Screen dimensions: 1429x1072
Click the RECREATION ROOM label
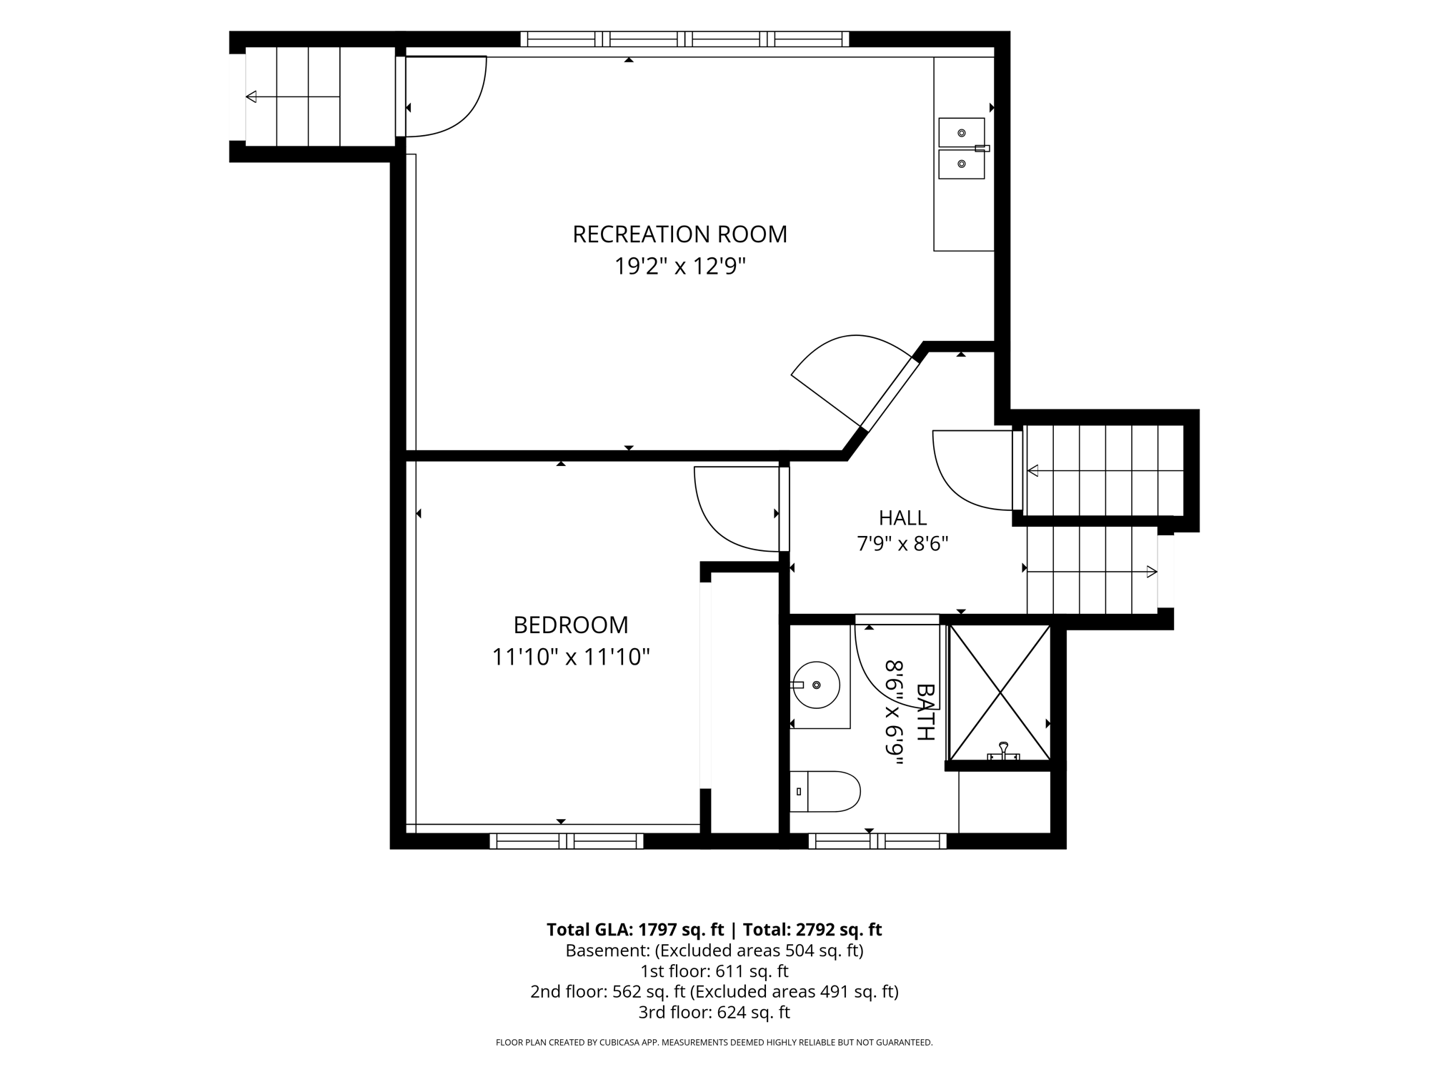(x=679, y=234)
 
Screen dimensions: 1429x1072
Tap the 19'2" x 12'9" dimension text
(x=680, y=267)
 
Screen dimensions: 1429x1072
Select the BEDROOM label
(x=571, y=625)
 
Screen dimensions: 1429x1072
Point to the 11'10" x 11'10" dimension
(x=571, y=657)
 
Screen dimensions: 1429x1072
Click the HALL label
(x=902, y=517)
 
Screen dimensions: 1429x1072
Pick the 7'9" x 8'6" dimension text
(x=902, y=545)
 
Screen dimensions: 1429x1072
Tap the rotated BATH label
(x=925, y=712)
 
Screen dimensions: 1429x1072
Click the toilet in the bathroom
(x=825, y=791)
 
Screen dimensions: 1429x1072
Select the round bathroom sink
(x=816, y=685)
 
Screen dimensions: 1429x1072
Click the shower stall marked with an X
(x=1000, y=693)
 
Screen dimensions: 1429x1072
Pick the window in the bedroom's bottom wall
(x=567, y=841)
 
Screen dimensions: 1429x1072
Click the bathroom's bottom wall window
(x=877, y=841)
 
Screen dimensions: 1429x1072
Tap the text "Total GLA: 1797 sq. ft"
(x=636, y=930)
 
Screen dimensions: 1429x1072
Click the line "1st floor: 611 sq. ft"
(x=714, y=971)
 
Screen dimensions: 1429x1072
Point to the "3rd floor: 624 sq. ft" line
(x=714, y=1013)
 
